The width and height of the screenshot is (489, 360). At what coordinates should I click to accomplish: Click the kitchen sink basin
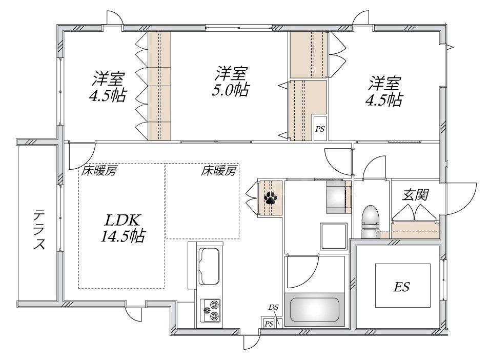209,265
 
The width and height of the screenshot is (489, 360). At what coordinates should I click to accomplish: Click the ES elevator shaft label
402,287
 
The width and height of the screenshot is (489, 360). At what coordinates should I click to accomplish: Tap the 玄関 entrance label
415,195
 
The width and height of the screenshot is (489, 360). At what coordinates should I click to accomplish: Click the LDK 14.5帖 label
123,228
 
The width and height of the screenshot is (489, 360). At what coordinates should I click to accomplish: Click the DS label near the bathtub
273,307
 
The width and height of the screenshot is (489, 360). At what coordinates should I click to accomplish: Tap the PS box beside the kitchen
268,323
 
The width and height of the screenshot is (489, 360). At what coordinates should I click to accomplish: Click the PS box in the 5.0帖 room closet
320,129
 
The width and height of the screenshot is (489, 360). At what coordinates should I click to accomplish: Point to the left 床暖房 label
97,171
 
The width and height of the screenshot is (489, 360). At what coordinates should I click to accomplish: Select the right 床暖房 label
219,171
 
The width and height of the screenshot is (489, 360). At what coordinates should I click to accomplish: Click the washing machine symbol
337,197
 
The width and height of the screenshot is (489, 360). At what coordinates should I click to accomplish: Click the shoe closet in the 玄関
416,229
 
